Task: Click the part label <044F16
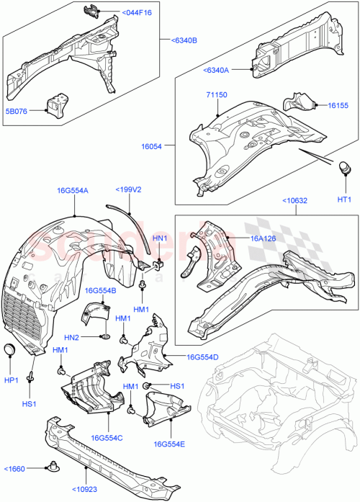click(x=137, y=13)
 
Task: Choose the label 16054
click(x=153, y=145)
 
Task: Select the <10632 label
click(x=297, y=202)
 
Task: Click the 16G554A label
click(x=73, y=191)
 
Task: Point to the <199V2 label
click(x=128, y=190)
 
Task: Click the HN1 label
click(x=159, y=238)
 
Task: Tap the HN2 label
click(x=72, y=336)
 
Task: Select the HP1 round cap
click(x=10, y=350)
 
